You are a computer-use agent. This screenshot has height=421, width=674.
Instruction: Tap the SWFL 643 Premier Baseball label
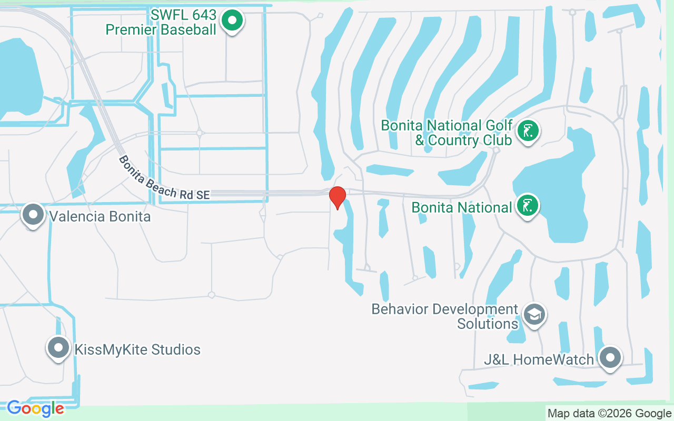pos(161,22)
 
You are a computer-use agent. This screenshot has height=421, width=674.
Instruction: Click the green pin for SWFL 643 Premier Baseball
pos(232,22)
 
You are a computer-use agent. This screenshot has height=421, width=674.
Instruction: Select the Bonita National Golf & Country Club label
pos(447,133)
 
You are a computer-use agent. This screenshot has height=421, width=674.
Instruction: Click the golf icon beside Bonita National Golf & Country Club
pos(527,131)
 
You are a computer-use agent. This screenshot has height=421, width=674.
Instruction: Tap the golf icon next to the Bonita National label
pos(527,206)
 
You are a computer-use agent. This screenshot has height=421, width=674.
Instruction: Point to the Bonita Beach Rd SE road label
pos(164,178)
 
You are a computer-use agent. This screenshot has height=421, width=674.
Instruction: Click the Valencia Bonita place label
pos(100,216)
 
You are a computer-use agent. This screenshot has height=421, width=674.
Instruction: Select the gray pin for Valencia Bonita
pos(34,215)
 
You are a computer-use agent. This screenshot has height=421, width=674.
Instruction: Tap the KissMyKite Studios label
pos(137,349)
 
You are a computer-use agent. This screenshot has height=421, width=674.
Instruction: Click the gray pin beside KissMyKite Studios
pos(58,348)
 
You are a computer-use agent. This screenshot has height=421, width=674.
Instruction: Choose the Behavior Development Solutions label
pos(445,316)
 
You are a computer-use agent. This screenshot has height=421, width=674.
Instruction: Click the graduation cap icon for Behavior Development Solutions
pos(534,315)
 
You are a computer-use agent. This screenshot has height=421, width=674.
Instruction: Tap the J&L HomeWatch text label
pos(539,359)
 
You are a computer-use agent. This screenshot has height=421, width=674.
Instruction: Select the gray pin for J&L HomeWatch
pos(610,358)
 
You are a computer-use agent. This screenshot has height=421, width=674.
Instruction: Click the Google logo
pos(35,408)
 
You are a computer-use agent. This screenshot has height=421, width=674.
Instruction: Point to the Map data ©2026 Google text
pos(609,414)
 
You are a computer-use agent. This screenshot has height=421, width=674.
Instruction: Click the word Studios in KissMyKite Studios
pos(176,349)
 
